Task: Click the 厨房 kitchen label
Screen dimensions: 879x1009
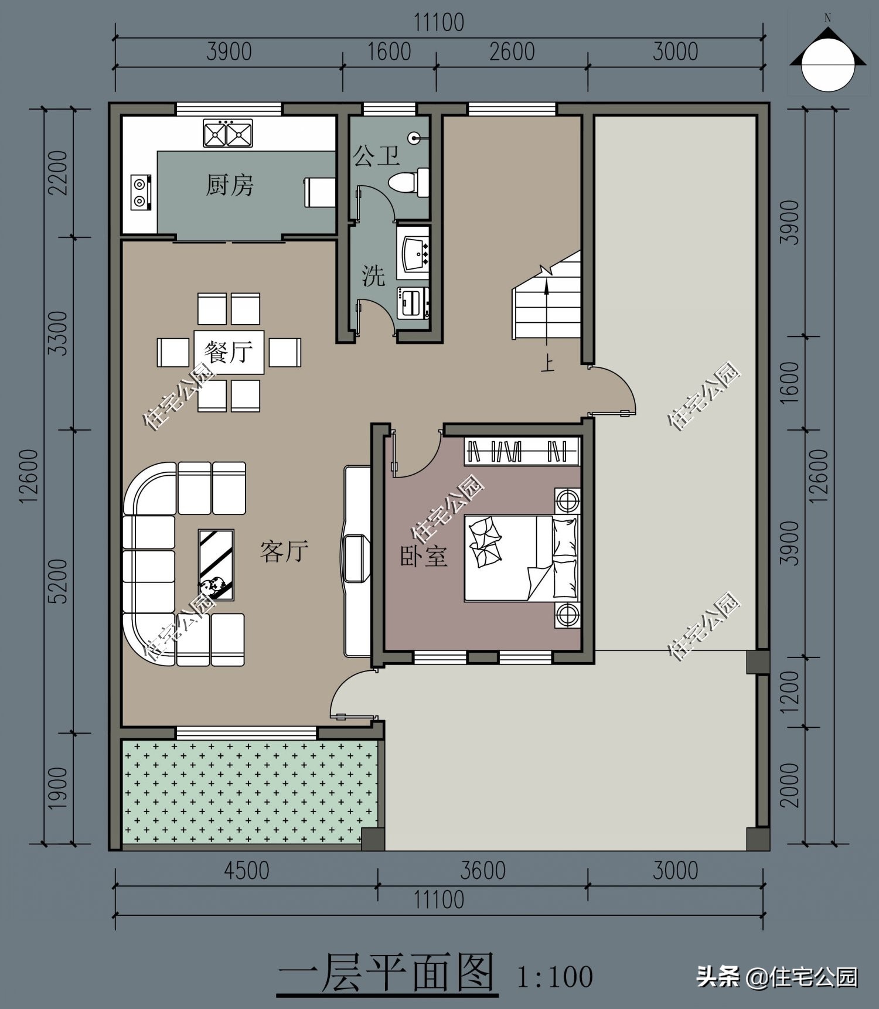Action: [x=229, y=185]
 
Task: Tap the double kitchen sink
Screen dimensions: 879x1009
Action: [x=228, y=133]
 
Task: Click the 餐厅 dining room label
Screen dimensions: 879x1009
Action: [x=229, y=352]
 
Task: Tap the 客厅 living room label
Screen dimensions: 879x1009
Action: [x=284, y=551]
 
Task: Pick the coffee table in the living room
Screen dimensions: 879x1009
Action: [x=216, y=565]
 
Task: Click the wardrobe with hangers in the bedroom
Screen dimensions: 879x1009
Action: [x=522, y=451]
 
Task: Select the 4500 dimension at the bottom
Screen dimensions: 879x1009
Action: [x=246, y=871]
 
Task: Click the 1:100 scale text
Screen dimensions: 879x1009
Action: [x=554, y=977]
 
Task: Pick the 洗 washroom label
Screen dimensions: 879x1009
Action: [x=373, y=275]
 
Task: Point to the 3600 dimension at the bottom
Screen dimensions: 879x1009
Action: [x=483, y=871]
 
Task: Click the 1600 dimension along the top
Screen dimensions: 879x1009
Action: [x=389, y=52]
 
